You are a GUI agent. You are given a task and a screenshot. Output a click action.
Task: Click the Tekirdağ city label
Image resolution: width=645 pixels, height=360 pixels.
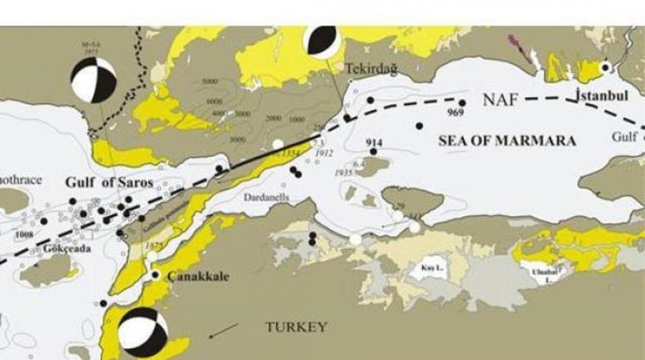(x=370, y=68)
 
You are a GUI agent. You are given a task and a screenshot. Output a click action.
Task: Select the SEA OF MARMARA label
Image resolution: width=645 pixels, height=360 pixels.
(x=507, y=140)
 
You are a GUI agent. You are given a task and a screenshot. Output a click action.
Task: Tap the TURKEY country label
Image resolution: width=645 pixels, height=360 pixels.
(x=296, y=326)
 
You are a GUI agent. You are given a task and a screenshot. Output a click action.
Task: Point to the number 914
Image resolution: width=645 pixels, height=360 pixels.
(x=374, y=142)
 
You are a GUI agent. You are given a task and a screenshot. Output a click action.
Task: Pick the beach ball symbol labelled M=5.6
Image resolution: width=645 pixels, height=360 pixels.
(x=93, y=80)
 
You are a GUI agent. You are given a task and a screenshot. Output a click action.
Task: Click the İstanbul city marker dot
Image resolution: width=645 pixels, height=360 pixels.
(x=605, y=67)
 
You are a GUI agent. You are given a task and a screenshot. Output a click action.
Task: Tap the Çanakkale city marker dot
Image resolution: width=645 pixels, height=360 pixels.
(x=155, y=275)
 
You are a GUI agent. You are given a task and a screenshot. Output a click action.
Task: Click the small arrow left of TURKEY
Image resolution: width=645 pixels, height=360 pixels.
(x=224, y=331)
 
